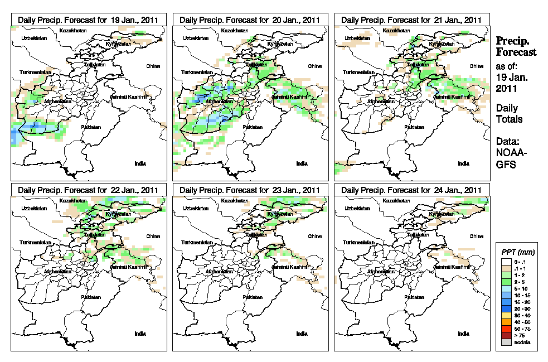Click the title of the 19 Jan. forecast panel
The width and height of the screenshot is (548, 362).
click(x=88, y=20)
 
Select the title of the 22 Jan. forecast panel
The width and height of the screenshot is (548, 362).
click(x=88, y=190)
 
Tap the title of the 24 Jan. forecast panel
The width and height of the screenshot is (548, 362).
click(x=411, y=190)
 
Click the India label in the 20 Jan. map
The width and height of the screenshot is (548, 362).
click(x=302, y=163)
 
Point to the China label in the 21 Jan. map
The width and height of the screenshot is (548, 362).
click(x=476, y=66)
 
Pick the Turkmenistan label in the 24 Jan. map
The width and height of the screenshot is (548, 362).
click(x=358, y=243)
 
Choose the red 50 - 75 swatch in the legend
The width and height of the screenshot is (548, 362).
click(x=506, y=330)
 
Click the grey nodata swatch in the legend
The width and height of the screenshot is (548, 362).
click(x=506, y=342)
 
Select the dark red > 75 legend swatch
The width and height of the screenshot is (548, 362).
click(x=506, y=336)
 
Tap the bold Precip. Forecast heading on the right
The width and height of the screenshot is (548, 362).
click(x=516, y=46)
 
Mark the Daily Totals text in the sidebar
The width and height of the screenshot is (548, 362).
click(x=510, y=113)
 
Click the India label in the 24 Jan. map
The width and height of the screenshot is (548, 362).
click(x=463, y=334)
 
